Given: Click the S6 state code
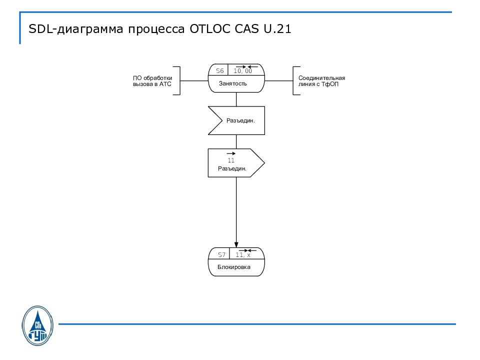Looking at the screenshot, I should click(219, 71).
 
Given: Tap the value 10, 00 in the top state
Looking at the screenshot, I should click(243, 71).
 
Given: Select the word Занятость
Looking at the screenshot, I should click(233, 83).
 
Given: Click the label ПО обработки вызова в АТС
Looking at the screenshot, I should click(152, 81).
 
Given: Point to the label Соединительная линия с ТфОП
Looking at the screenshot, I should click(321, 81).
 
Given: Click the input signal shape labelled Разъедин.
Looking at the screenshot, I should click(236, 120).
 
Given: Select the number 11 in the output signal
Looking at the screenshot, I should click(231, 160).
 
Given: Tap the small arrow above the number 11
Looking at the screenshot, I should click(231, 153).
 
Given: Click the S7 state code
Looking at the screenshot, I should click(221, 255).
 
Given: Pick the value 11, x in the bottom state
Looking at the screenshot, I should click(243, 255).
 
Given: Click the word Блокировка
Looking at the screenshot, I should click(233, 267).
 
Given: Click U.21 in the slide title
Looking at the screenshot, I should click(274, 29).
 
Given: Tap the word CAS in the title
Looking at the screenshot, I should click(244, 29).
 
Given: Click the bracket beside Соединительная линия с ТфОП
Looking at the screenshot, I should click(295, 80).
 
